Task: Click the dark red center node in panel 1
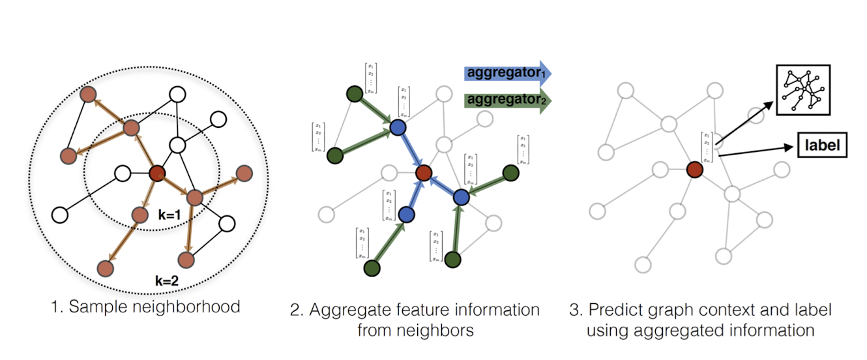[x=157, y=174]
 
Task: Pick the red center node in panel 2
[x=424, y=173]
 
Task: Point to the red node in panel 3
[x=694, y=170]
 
